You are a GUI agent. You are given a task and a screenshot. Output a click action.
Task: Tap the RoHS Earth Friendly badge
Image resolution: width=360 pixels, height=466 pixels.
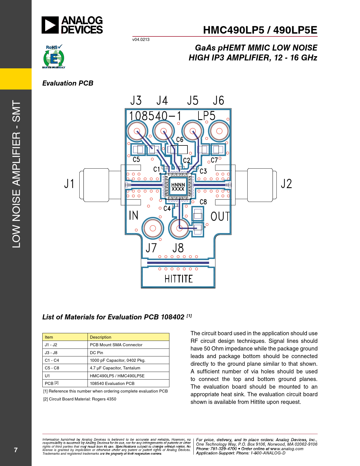click(54, 57)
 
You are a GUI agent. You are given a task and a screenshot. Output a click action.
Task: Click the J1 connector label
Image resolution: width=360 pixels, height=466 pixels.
click(69, 184)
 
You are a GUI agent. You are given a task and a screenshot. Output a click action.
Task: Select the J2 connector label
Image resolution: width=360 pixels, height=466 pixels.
click(286, 184)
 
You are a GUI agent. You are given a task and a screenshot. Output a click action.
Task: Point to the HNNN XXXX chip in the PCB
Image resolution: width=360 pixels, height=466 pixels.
click(178, 187)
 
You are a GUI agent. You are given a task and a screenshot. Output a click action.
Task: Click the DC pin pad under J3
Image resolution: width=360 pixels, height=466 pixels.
click(137, 131)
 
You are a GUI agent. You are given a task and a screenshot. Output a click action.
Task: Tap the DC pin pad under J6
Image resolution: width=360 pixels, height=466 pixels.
click(219, 131)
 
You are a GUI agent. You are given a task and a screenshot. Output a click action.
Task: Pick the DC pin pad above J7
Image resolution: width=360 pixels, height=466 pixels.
click(153, 228)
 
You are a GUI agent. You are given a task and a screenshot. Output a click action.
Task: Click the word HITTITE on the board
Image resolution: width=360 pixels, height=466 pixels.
click(178, 279)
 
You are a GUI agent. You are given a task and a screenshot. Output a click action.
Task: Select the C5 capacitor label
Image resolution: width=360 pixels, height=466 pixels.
click(136, 160)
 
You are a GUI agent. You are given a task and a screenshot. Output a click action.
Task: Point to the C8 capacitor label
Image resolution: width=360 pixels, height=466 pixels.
click(203, 202)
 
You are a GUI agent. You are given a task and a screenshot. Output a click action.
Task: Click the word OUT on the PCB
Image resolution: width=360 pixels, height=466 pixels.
click(220, 217)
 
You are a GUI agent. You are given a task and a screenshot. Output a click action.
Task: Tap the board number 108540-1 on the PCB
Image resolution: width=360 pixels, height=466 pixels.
click(155, 116)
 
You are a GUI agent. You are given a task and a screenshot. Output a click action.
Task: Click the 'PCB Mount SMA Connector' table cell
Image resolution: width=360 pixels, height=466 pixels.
click(116, 345)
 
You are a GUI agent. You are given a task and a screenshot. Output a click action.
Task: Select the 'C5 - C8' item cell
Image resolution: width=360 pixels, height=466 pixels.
click(52, 368)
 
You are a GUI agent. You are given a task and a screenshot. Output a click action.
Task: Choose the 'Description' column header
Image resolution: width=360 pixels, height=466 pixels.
click(101, 337)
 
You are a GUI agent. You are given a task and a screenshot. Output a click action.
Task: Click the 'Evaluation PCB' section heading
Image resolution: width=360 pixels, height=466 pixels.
click(68, 83)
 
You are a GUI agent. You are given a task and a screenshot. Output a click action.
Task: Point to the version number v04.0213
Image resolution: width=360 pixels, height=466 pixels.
click(141, 40)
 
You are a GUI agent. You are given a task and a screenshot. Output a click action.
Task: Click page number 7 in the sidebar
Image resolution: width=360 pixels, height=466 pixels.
click(16, 450)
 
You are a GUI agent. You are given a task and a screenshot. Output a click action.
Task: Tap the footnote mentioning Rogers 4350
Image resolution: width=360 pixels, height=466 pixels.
click(80, 399)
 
